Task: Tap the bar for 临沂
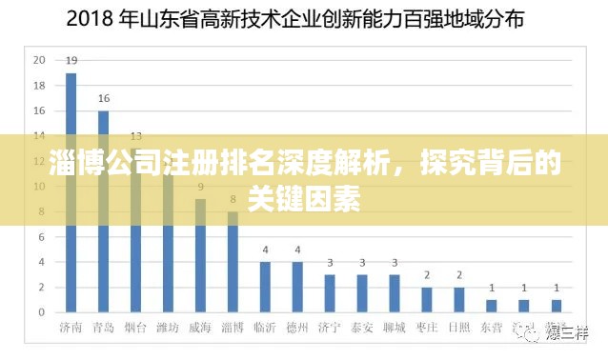(x=265, y=287)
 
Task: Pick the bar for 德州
(x=297, y=287)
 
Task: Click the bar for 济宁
(x=330, y=293)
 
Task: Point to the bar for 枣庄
(x=427, y=299)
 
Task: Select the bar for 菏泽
(x=557, y=306)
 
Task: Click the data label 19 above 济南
(x=71, y=61)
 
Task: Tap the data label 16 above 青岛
(x=103, y=98)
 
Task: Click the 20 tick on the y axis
(x=39, y=59)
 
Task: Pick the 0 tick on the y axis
(x=42, y=312)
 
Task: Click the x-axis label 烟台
(x=135, y=328)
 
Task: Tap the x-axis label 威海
(x=200, y=328)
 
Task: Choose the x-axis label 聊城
(x=395, y=328)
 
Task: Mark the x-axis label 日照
(x=459, y=328)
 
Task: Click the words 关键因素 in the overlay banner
(x=303, y=199)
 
